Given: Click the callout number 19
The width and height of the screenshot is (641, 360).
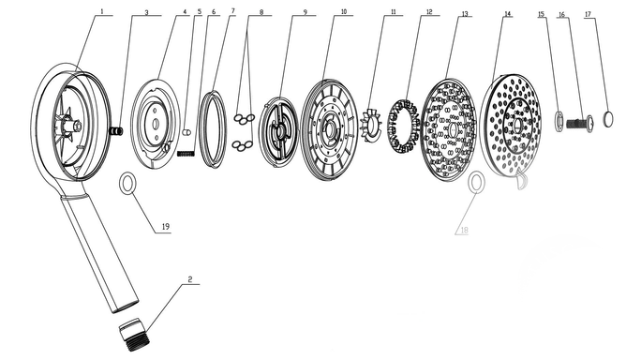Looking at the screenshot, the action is (x=166, y=227).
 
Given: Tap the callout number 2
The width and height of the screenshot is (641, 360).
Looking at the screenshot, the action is (x=190, y=279).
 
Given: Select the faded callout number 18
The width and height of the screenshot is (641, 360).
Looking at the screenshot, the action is (x=464, y=231).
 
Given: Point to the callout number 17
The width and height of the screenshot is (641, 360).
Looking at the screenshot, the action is (x=588, y=14).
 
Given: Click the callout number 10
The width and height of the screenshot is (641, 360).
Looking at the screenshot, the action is (x=344, y=12).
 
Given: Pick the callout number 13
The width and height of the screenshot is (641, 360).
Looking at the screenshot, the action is (x=465, y=14).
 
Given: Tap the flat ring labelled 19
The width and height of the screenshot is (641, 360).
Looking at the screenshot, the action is (x=127, y=183).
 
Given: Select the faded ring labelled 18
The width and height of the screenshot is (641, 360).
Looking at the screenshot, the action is (x=477, y=183).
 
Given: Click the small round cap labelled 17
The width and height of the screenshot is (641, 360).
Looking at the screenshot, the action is (x=608, y=119).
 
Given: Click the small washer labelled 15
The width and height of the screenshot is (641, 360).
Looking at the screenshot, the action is (x=559, y=122).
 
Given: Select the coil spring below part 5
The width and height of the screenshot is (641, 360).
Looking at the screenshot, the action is (x=186, y=154).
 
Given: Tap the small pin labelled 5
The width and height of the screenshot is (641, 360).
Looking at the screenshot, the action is (x=186, y=132).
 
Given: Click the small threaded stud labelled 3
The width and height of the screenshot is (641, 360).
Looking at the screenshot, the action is (x=117, y=131).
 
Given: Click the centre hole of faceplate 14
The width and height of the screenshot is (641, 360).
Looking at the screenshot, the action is (x=517, y=125).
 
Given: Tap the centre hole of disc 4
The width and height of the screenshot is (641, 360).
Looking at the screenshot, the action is (x=155, y=124).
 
